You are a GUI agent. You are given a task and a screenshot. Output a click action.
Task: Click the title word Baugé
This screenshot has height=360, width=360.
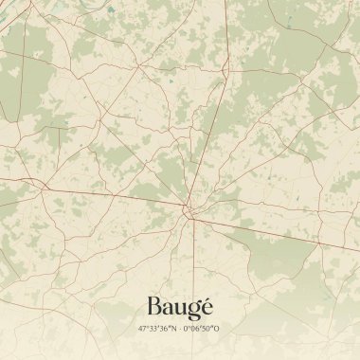click(180, 308)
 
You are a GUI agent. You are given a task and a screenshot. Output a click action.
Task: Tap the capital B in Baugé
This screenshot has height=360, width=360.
click(153, 307)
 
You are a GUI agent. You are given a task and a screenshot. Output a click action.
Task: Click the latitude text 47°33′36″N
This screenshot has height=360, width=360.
click(157, 329)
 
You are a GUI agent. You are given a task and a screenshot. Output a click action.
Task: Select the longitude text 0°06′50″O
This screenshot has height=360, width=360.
click(203, 329)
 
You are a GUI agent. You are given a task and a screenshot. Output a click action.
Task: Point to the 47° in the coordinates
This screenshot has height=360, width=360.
click(142, 329)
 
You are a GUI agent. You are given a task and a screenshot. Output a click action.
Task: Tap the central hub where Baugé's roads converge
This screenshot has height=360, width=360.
click(189, 212)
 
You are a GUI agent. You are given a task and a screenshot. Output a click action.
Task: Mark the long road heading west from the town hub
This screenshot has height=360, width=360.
click(95, 193)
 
